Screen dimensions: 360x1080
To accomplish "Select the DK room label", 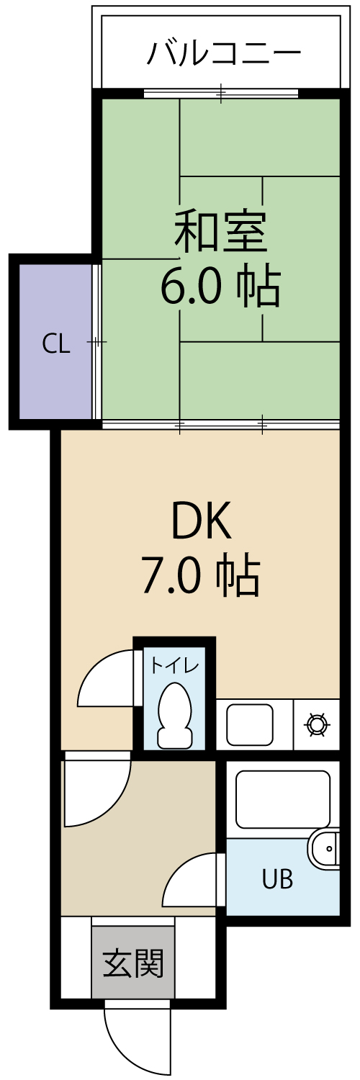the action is [202, 522].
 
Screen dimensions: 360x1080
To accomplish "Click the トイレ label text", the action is [174, 666].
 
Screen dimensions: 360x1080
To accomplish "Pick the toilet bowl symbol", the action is [174, 714].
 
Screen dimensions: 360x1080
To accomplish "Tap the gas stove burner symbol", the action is [317, 724].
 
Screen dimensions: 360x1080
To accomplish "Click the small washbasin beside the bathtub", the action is [324, 850].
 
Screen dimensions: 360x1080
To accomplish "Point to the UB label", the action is [278, 880].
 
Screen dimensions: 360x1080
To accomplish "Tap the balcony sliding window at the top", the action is [221, 93].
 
